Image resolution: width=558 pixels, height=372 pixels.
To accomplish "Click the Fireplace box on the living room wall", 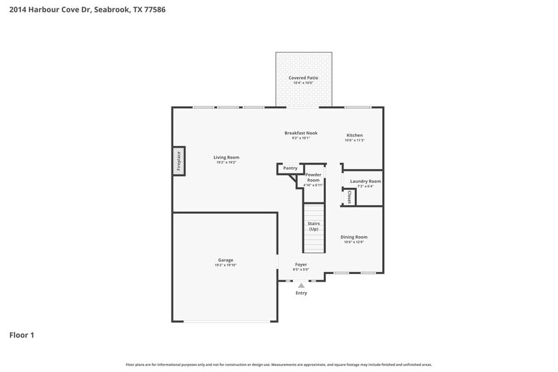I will point(179,161).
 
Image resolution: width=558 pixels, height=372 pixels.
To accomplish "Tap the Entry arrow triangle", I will point(301,286).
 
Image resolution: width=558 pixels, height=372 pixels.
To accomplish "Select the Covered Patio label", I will point(303,78).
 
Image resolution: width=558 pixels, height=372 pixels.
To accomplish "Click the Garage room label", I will point(226,260).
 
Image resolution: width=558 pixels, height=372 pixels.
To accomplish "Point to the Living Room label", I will point(226,158).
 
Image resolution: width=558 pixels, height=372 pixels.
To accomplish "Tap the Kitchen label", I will point(354,135).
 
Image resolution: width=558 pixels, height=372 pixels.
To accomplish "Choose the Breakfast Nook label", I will point(301,133).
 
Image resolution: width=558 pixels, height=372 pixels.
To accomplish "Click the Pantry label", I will point(290,168).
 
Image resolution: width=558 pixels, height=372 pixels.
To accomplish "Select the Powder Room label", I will point(313,177).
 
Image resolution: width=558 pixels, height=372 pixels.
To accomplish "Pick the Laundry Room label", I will point(366,181).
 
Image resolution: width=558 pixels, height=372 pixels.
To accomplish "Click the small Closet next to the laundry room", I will point(349,197).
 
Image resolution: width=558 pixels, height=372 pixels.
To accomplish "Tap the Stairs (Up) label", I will point(313,226).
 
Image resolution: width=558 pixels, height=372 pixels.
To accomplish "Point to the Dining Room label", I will point(354,237).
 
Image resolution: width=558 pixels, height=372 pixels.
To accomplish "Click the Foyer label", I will point(301,264).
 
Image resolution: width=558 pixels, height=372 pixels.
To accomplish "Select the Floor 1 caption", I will point(22,335).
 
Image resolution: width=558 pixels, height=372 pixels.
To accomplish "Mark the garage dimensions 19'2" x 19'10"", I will point(226,265).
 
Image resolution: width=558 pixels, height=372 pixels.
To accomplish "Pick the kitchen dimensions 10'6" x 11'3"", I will point(354,140).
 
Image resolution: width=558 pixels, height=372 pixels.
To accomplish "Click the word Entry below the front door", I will point(301,293).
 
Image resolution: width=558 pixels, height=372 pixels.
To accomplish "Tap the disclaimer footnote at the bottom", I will point(279,364).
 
